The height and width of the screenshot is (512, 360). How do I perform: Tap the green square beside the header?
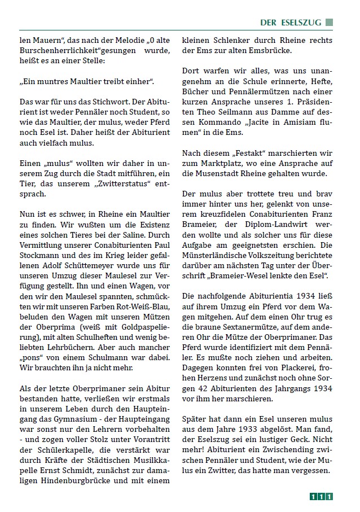pos(329,23)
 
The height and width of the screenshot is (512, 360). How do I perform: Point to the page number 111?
pos(321,497)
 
